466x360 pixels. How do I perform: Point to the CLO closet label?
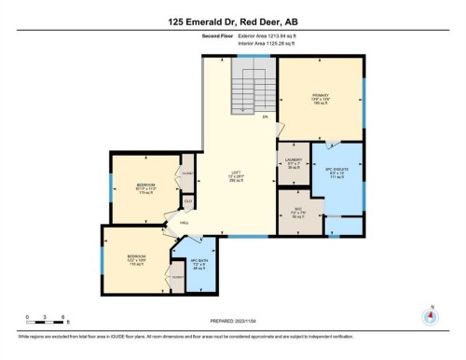pyautogui.click(x=187, y=200)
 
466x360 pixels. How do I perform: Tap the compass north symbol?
pyautogui.click(x=430, y=313)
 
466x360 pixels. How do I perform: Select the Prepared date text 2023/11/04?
pyautogui.click(x=232, y=321)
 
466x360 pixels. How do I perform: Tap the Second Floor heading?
pyautogui.click(x=217, y=35)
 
